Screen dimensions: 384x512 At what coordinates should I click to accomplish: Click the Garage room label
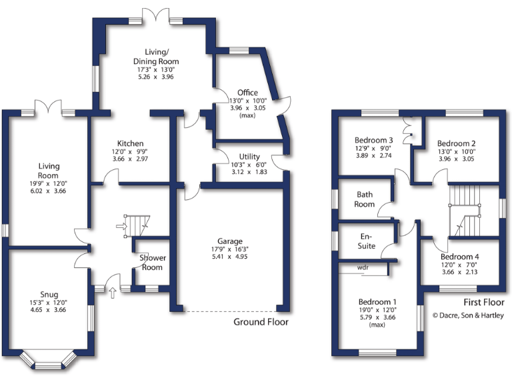click(229, 241)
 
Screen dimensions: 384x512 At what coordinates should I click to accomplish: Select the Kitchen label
click(130, 143)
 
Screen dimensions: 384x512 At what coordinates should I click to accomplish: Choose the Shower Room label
click(152, 262)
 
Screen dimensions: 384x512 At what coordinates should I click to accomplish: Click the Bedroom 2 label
click(456, 143)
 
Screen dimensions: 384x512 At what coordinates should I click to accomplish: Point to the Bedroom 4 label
click(459, 257)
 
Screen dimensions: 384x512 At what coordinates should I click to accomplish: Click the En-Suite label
click(366, 241)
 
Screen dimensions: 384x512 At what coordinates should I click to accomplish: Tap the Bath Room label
click(365, 199)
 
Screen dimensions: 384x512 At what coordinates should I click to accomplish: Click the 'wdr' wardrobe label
click(363, 267)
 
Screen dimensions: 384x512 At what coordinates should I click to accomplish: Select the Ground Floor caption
click(261, 322)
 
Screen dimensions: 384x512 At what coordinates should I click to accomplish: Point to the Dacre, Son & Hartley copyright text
click(468, 315)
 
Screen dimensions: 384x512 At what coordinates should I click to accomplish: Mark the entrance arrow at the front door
click(111, 291)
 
